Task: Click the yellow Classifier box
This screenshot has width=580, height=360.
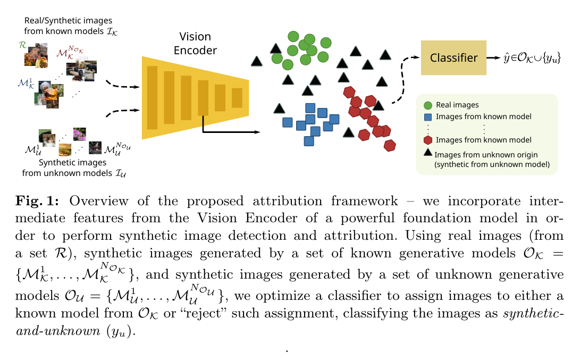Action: pyautogui.click(x=453, y=57)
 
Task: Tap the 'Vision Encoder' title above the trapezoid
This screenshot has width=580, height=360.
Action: pyautogui.click(x=196, y=44)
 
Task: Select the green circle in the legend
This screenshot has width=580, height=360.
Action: pyautogui.click(x=427, y=105)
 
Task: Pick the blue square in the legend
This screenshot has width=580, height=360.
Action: pyautogui.click(x=427, y=116)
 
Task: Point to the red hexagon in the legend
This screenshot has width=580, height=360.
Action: pyautogui.click(x=427, y=140)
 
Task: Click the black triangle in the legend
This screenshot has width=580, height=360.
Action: pyautogui.click(x=427, y=153)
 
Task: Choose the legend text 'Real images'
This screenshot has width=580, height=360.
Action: pyautogui.click(x=457, y=105)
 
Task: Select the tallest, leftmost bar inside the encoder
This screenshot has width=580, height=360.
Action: pyautogui.click(x=152, y=98)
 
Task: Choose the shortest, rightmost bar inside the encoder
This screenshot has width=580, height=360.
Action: pyautogui.click(x=237, y=98)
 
